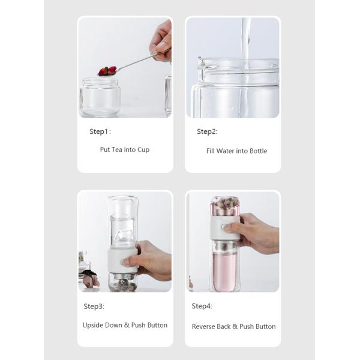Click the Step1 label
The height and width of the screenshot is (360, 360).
[x=100, y=131]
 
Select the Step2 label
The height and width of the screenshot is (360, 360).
[x=207, y=131]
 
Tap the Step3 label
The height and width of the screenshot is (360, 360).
[x=94, y=307]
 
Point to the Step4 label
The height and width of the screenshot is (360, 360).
[x=202, y=307]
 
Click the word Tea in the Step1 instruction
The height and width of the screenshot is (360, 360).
[x=116, y=149]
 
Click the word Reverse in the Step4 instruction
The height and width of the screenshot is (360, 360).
[x=205, y=326]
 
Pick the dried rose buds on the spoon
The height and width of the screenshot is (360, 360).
[x=107, y=71]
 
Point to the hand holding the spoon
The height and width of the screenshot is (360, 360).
[x=161, y=40]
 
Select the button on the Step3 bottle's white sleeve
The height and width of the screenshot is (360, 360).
[x=125, y=262]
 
